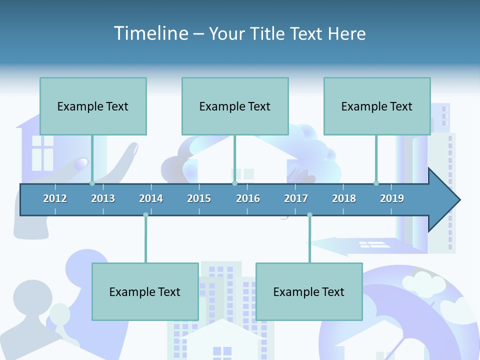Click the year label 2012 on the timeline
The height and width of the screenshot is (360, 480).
tap(55, 198)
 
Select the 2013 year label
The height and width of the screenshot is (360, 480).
tap(103, 198)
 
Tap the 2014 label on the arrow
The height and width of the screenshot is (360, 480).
tap(151, 198)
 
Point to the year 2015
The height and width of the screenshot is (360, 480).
tap(199, 198)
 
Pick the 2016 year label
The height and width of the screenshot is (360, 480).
tap(248, 198)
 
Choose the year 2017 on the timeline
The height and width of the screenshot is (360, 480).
tap(296, 198)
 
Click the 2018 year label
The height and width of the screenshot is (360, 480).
tap(344, 198)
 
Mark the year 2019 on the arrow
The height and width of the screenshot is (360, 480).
tap(392, 198)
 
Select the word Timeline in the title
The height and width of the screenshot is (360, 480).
tap(150, 33)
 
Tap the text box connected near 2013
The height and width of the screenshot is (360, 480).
tap(93, 106)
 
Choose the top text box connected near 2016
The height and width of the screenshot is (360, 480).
tap(235, 106)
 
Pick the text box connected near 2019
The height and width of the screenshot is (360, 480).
tap(377, 106)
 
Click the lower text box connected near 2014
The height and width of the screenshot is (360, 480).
tap(145, 291)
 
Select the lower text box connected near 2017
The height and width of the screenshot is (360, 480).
tap(309, 291)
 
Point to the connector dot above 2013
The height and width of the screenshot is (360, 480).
tap(92, 183)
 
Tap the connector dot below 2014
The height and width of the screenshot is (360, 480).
tap(145, 215)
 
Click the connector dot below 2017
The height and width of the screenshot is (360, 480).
tap(309, 215)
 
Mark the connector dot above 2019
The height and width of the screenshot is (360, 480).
tap(376, 183)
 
